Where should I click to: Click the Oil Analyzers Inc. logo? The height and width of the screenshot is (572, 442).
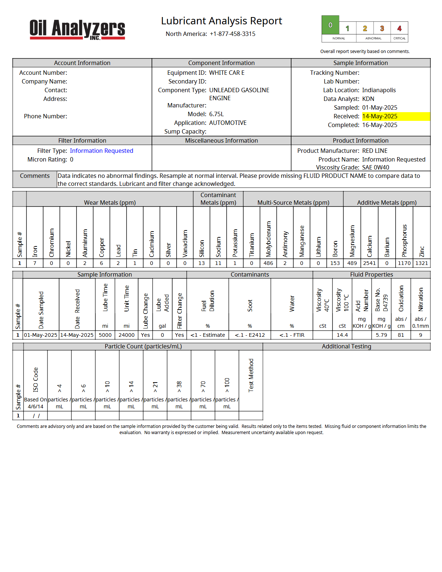(x=77, y=29)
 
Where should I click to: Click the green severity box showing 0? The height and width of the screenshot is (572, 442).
(x=330, y=25)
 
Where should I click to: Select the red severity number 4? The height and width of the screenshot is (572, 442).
(x=399, y=28)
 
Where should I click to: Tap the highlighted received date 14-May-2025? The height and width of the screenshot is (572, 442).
(x=380, y=117)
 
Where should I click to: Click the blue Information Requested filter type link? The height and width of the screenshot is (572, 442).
(x=102, y=151)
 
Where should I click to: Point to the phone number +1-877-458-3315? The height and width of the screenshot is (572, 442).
(x=232, y=34)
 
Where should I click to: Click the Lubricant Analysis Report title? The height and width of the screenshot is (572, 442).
(x=222, y=21)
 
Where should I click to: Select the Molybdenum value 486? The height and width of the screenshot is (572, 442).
(x=268, y=263)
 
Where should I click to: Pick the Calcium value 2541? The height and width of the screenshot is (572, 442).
(x=369, y=263)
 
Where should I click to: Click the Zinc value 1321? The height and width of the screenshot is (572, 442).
(x=422, y=263)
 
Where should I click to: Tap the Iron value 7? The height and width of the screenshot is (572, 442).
(x=35, y=263)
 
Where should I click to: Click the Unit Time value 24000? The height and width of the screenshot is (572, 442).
(x=127, y=335)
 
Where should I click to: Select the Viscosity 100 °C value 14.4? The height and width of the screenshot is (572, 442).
(x=342, y=335)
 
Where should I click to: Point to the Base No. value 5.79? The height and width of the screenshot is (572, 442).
(x=381, y=335)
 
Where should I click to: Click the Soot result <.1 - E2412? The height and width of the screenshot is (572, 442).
(x=250, y=335)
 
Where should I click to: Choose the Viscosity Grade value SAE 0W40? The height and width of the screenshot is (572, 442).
(x=376, y=168)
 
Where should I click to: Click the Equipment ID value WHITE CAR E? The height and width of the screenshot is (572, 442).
(x=227, y=73)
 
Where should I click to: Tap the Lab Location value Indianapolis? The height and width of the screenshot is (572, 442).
(x=379, y=90)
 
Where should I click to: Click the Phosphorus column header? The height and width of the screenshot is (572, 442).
(x=405, y=240)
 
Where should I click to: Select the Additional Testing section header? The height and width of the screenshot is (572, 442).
(x=346, y=347)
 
